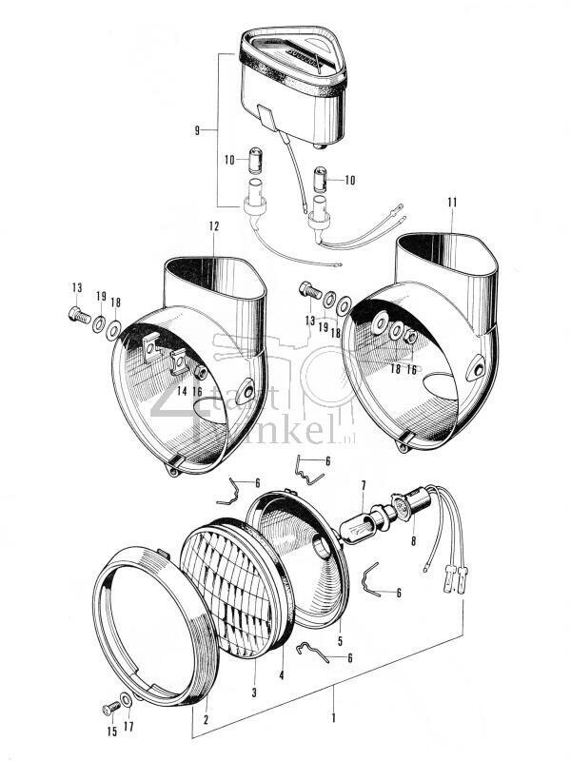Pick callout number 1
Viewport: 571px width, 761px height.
pyautogui.click(x=333, y=709)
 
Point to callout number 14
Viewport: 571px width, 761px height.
pyautogui.click(x=180, y=390)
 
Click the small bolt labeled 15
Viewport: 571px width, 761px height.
pyautogui.click(x=107, y=708)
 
